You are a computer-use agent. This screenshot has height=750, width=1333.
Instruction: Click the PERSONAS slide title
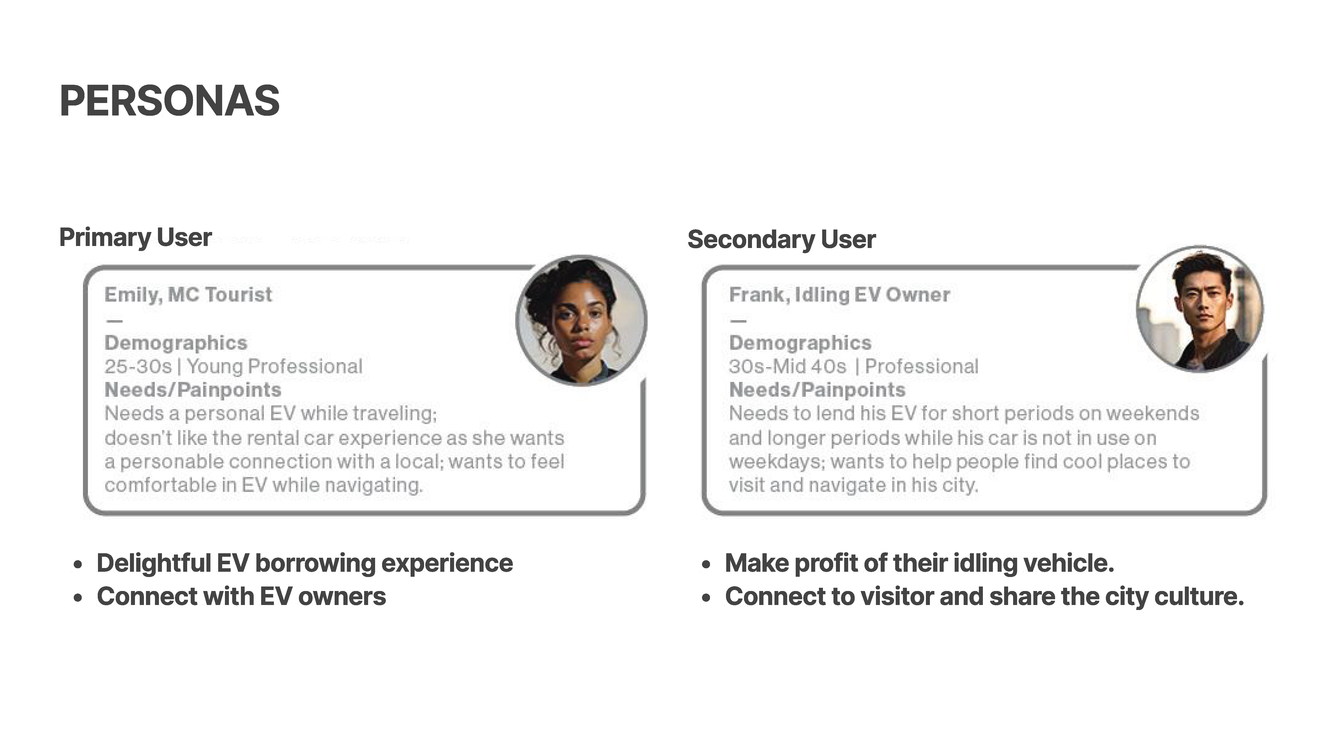(x=170, y=101)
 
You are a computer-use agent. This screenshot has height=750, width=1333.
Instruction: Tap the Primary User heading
(x=136, y=237)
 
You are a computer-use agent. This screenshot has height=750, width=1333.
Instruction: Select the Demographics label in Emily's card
(x=176, y=343)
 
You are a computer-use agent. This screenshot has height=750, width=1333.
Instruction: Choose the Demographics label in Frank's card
(x=800, y=343)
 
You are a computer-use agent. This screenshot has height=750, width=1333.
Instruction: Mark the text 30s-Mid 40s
(x=788, y=366)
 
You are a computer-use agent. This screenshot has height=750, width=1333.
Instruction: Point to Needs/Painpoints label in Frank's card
(x=817, y=390)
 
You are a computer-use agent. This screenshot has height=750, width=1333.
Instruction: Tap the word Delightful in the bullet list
(x=154, y=563)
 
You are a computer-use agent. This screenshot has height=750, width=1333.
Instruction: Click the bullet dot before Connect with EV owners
(x=78, y=598)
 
